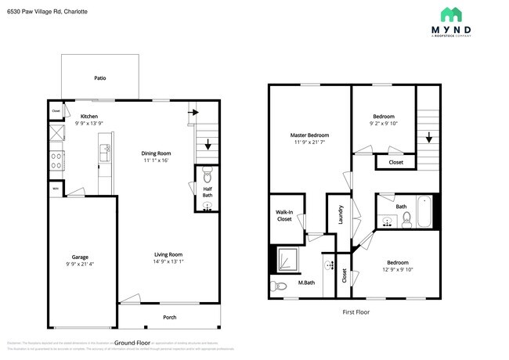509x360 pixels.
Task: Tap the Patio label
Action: (100, 78)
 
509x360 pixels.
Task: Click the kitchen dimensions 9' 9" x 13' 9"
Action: (88, 124)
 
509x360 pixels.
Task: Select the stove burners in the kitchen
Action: (57, 161)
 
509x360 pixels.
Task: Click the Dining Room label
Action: (156, 153)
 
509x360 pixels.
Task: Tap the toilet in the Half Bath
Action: (208, 174)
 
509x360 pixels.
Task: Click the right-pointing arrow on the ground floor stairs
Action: (193, 112)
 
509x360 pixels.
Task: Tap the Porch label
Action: (170, 316)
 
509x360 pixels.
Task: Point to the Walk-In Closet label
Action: (284, 215)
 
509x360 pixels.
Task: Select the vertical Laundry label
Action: (341, 214)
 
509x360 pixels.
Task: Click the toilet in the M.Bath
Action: (277, 286)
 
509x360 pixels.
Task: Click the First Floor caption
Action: (356, 311)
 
